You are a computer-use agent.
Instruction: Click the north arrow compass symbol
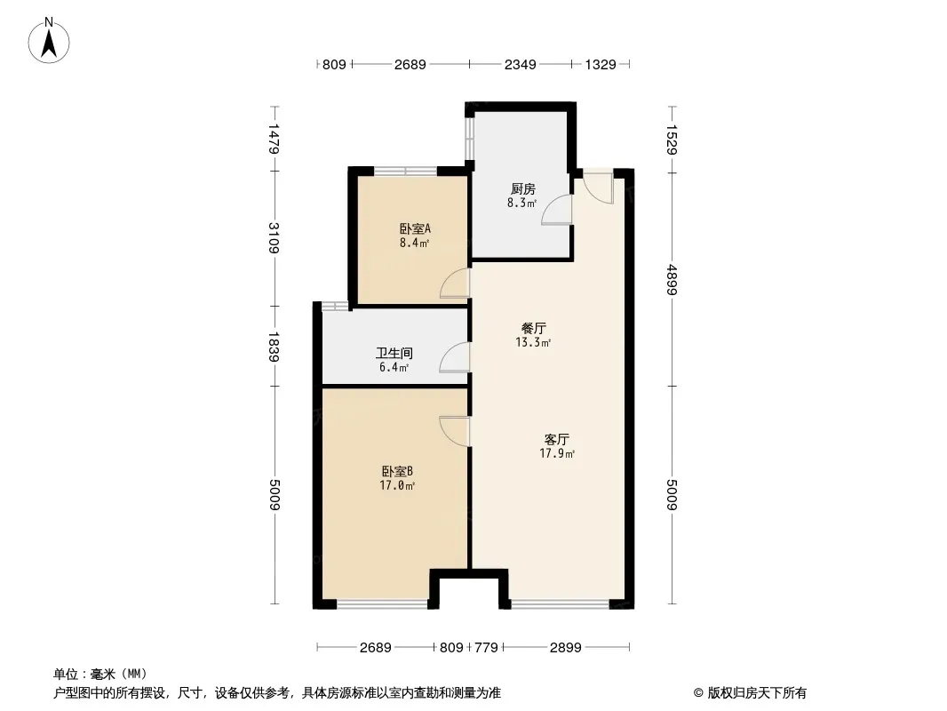click(x=49, y=41)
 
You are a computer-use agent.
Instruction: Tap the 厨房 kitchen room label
click(x=523, y=189)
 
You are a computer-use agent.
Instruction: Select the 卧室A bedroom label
click(x=415, y=229)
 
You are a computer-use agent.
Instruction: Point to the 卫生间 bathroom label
click(x=394, y=354)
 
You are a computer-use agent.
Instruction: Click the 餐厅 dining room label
click(x=533, y=329)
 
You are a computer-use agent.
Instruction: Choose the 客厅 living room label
click(x=557, y=439)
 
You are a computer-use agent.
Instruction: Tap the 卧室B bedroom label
click(x=397, y=471)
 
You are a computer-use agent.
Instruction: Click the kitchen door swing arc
click(x=556, y=211)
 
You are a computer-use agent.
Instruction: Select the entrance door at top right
click(x=598, y=188)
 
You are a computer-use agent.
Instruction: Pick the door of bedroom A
click(x=455, y=284)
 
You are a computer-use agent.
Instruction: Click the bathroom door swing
click(x=454, y=357)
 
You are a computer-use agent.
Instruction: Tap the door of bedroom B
click(x=455, y=431)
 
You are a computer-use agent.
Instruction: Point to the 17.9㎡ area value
click(x=557, y=453)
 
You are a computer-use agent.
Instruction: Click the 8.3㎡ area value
click(x=522, y=203)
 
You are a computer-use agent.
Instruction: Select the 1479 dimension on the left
click(x=274, y=139)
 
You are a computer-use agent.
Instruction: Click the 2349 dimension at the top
click(x=520, y=64)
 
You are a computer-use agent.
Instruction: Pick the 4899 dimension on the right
click(x=672, y=280)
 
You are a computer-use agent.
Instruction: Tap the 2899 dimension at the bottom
click(x=565, y=648)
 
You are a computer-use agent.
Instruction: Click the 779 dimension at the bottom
click(x=486, y=648)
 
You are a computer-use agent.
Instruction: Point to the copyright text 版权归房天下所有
click(x=758, y=693)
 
